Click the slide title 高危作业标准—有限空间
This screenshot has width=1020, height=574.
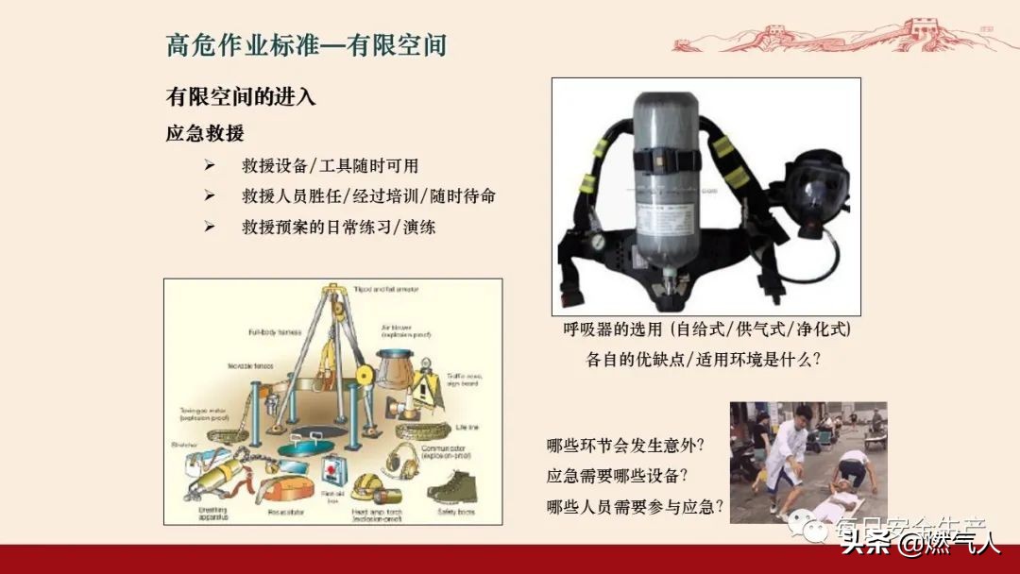[x=306, y=45]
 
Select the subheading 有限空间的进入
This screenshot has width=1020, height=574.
[x=241, y=96]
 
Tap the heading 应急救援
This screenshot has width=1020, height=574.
[x=205, y=133]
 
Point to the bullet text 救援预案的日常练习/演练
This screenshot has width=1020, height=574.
[x=339, y=227]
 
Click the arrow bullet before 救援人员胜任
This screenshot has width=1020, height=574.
[x=209, y=195]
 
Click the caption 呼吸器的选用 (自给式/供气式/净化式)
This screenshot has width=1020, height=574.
[x=706, y=329]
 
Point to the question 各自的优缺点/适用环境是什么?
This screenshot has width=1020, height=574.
[x=704, y=360]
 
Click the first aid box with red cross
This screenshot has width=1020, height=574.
[x=332, y=468]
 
